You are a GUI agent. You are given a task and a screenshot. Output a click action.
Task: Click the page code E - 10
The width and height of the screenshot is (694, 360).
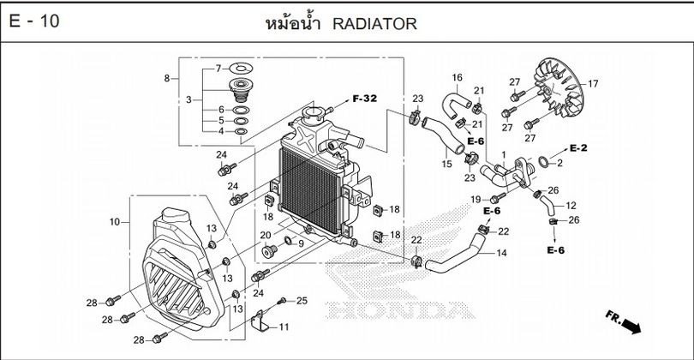(34, 21)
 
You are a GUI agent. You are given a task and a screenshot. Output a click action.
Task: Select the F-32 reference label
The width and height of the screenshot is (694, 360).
(364, 99)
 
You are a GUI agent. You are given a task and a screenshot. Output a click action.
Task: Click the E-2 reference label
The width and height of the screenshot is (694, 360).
(577, 147)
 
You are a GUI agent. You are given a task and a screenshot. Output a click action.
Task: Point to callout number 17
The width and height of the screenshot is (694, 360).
(592, 83)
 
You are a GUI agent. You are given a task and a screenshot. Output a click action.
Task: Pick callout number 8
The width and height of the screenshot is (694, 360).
(166, 79)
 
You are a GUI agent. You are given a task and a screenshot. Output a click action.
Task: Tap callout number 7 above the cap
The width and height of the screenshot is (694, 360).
(218, 67)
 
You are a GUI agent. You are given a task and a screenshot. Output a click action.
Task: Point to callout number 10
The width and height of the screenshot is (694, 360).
(114, 223)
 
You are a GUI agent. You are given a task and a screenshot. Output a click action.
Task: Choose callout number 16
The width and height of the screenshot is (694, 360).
(457, 78)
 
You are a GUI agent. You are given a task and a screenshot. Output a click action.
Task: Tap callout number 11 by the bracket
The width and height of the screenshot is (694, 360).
(284, 327)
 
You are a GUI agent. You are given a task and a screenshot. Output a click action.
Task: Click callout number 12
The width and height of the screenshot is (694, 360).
(571, 206)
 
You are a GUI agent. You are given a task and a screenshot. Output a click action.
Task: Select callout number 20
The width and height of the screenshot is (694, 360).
(266, 236)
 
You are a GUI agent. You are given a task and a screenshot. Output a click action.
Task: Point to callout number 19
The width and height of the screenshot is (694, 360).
(472, 200)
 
